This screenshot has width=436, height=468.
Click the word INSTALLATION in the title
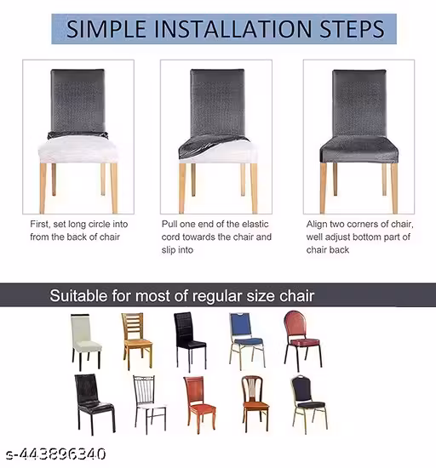point(233,29)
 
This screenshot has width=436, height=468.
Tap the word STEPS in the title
point(352,29)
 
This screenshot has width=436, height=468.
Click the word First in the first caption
point(40,224)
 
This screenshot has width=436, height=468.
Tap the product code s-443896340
point(56,454)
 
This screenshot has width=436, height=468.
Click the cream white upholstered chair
point(86,342)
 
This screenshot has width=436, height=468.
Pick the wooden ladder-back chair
point(137,340)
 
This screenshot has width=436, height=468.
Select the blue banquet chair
point(247,341)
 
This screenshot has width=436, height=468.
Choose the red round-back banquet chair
point(302,340)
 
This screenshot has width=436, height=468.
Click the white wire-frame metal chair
point(149,404)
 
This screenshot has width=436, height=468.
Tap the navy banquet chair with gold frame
point(309,404)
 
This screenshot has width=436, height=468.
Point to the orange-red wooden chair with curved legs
point(199,405)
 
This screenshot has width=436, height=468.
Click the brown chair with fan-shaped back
point(255,404)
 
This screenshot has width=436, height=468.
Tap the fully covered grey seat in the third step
point(359,150)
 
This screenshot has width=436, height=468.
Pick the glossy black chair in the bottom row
point(94,403)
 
